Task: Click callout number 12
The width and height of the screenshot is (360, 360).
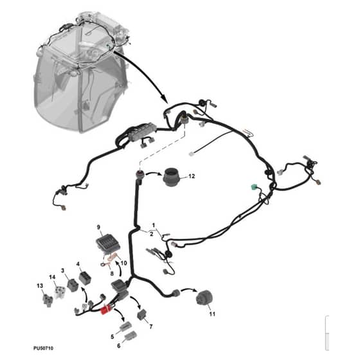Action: (x=192, y=176)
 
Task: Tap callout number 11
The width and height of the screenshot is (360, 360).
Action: (x=212, y=314)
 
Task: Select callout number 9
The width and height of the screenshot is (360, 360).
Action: (x=98, y=228)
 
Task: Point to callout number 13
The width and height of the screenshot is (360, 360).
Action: (x=40, y=286)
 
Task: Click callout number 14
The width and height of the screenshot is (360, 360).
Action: (x=52, y=277)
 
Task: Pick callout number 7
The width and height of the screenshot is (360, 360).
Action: (x=151, y=327)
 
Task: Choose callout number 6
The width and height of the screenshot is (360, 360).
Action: (x=119, y=346)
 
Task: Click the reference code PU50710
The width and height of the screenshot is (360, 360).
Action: (x=44, y=348)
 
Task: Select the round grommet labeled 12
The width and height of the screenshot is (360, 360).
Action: (x=171, y=177)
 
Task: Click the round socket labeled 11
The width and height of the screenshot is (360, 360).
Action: (x=204, y=298)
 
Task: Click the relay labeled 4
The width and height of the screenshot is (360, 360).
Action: (x=85, y=277)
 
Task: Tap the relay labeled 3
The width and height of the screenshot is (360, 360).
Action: (x=73, y=285)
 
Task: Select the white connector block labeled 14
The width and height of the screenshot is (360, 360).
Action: (x=60, y=292)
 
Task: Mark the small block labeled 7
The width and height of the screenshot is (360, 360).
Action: (x=142, y=314)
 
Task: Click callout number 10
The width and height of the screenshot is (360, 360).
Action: (x=123, y=263)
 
